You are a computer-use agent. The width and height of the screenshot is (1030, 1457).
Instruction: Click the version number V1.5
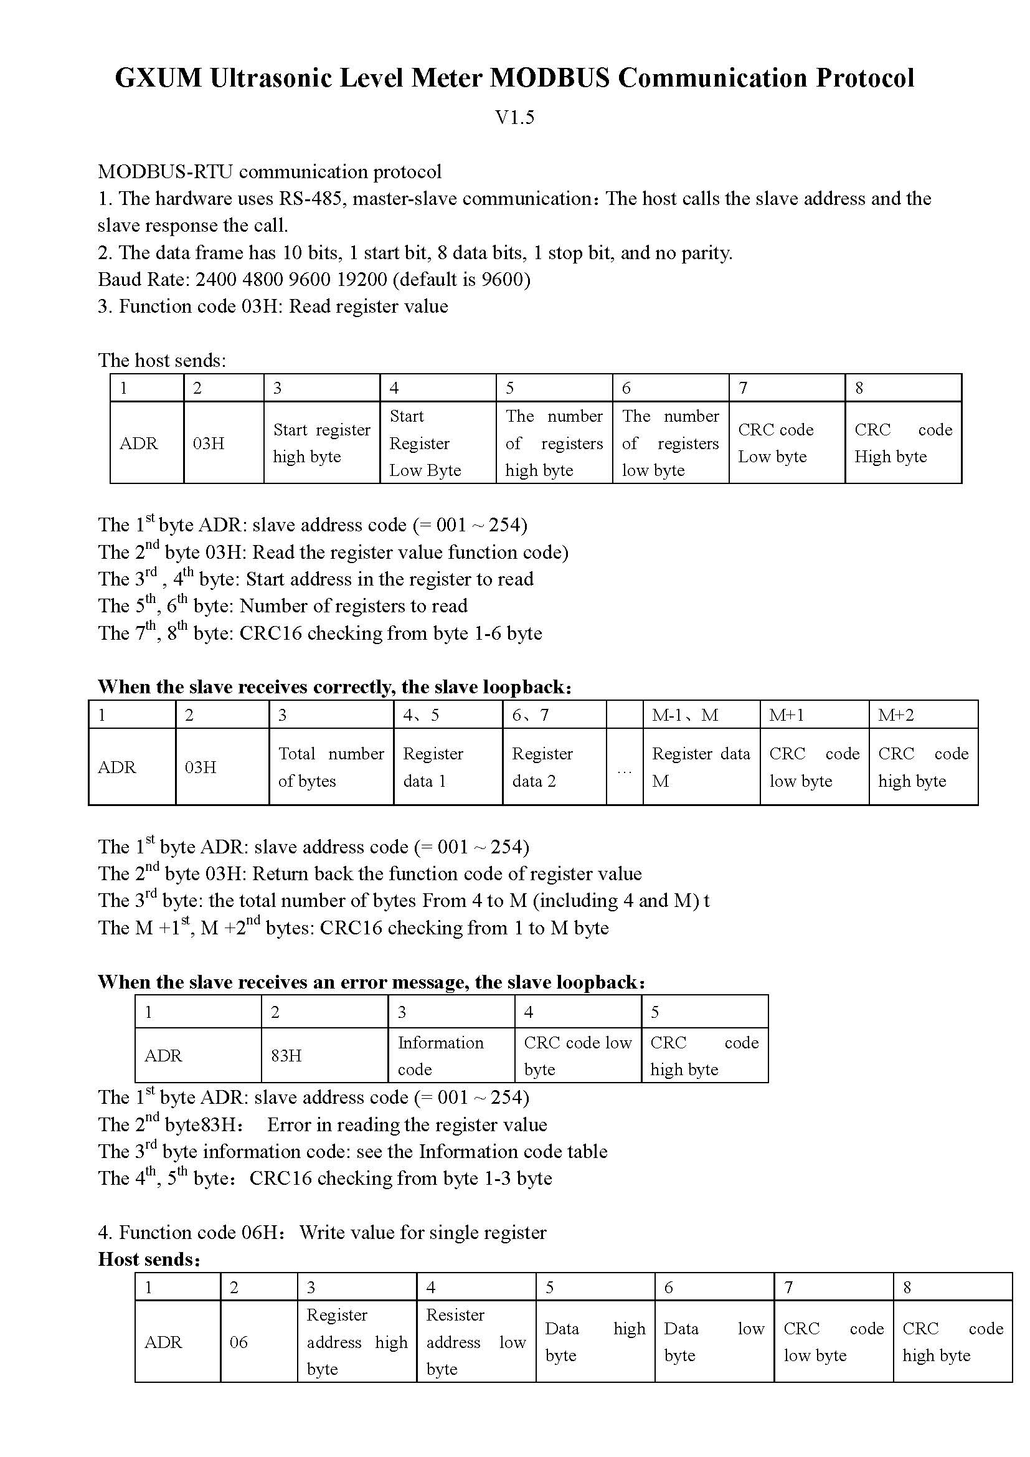coord(514,117)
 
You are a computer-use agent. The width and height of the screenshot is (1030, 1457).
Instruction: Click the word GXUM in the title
coord(158,78)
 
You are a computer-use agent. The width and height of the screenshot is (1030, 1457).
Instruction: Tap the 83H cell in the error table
coord(286,1055)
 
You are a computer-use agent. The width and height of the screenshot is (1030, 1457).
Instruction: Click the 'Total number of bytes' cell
coord(331,767)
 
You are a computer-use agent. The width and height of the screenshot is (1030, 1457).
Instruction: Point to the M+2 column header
coord(895,715)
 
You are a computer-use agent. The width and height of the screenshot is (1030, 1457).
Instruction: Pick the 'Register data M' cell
coord(701,767)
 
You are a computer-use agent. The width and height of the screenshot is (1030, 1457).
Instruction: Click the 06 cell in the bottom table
coord(239,1342)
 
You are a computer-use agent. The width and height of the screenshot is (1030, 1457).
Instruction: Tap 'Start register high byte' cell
coord(321,443)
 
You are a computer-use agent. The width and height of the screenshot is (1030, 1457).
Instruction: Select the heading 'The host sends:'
coord(162,361)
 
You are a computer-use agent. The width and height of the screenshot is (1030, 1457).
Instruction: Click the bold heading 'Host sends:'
coord(149,1259)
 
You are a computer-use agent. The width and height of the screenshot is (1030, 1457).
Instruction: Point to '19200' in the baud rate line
coord(357,279)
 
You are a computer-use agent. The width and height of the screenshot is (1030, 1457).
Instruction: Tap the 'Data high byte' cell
coord(595,1342)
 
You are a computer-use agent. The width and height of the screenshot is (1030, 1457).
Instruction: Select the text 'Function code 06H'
coord(202,1232)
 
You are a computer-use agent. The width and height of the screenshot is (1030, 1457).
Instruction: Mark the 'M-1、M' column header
coord(685,715)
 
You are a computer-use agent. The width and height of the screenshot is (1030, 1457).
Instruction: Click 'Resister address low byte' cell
coord(476,1342)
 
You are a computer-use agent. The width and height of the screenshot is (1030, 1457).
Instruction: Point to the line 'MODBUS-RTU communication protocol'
coord(270,172)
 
